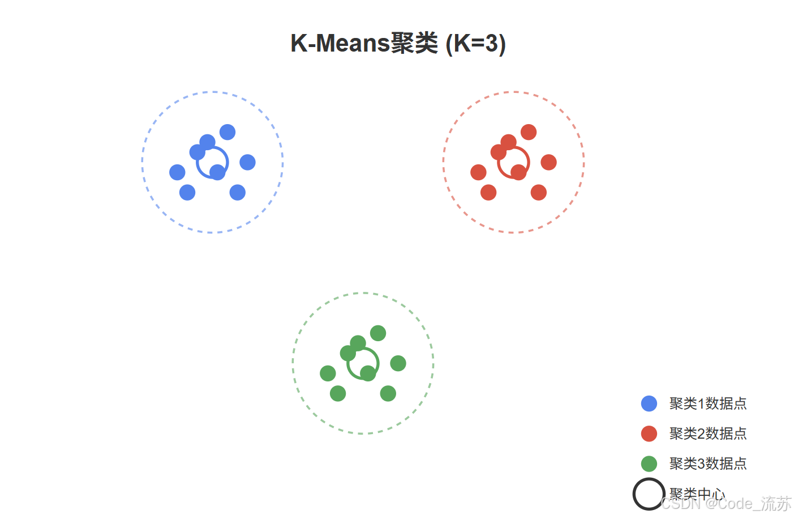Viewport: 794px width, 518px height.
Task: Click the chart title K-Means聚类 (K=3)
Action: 398,44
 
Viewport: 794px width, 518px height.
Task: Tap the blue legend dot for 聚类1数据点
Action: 649,404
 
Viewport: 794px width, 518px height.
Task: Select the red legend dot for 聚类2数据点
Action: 649,434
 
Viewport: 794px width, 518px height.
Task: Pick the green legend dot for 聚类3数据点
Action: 649,464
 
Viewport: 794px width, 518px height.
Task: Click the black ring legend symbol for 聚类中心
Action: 649,494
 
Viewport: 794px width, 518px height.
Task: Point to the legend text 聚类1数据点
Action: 708,404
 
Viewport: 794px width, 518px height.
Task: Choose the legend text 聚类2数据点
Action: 708,434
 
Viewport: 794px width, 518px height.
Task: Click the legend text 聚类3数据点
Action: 708,464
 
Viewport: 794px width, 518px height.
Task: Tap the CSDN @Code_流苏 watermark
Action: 726,503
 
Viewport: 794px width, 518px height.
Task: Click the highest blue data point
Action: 228,132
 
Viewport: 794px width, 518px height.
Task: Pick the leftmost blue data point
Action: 177,172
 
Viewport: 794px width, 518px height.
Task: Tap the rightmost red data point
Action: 548,163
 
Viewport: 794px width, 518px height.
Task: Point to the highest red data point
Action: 529,132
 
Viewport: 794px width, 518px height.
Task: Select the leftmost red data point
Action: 478,172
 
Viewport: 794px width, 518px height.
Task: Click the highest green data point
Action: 378,333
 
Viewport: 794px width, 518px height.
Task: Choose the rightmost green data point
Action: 398,363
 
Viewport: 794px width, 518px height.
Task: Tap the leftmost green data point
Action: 328,373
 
